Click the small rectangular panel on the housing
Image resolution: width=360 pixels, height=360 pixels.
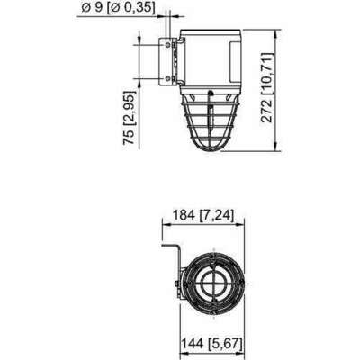click(x=238, y=60)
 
